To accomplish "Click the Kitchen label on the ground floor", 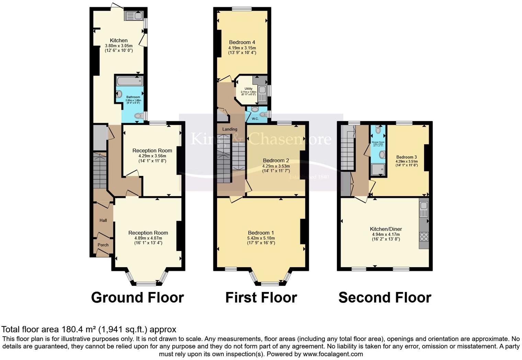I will [x=118, y=41].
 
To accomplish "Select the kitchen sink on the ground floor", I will [x=134, y=16].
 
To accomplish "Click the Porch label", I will [x=103, y=245].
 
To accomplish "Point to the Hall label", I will [x=103, y=221].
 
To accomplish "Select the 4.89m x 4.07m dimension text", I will [x=148, y=238].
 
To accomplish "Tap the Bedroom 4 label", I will [x=242, y=43].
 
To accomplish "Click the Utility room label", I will [x=248, y=89].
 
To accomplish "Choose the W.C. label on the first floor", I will [x=255, y=119].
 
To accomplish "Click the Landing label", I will [x=229, y=130].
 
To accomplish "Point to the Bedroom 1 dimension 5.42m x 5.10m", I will [x=261, y=238].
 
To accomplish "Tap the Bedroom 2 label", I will [x=276, y=160].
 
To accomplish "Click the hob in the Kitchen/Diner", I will [x=424, y=237].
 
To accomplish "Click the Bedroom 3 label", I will [x=406, y=157].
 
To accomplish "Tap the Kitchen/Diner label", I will [x=386, y=229].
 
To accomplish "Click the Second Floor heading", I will [x=385, y=297].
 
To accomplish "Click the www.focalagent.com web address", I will [x=333, y=354].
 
